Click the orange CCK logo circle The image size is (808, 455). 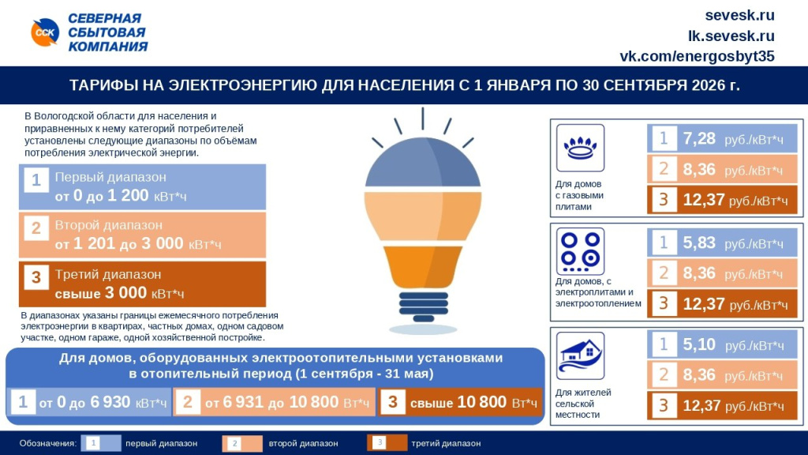[45, 32]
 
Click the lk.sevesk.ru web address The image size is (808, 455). [731, 36]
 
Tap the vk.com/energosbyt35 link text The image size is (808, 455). [697, 56]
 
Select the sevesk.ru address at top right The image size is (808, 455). [739, 15]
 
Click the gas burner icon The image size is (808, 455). [580, 147]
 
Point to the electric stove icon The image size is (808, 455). [580, 251]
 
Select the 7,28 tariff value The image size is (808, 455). [699, 139]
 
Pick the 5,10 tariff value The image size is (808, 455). [699, 345]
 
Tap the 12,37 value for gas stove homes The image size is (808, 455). [704, 200]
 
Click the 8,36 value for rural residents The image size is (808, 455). [699, 375]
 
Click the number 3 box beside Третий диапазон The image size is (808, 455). [36, 278]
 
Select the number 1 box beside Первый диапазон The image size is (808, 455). [36, 181]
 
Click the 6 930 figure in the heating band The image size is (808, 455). [110, 402]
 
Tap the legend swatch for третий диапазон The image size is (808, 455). [387, 443]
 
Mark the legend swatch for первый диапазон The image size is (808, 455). [102, 443]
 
